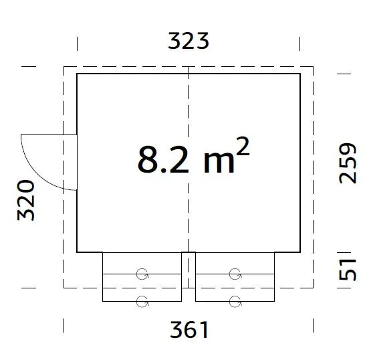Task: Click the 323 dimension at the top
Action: coord(189,41)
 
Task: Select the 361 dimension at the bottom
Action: coord(189,329)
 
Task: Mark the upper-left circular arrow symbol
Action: coord(142,273)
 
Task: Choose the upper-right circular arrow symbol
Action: coord(235,273)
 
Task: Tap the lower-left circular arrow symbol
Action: coord(142,300)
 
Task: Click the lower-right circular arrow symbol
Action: coord(235,300)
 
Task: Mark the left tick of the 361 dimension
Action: coord(65,326)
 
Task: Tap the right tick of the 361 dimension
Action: coord(313,326)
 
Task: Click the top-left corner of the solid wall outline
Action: coord(78,74)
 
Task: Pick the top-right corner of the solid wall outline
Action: coord(299,74)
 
